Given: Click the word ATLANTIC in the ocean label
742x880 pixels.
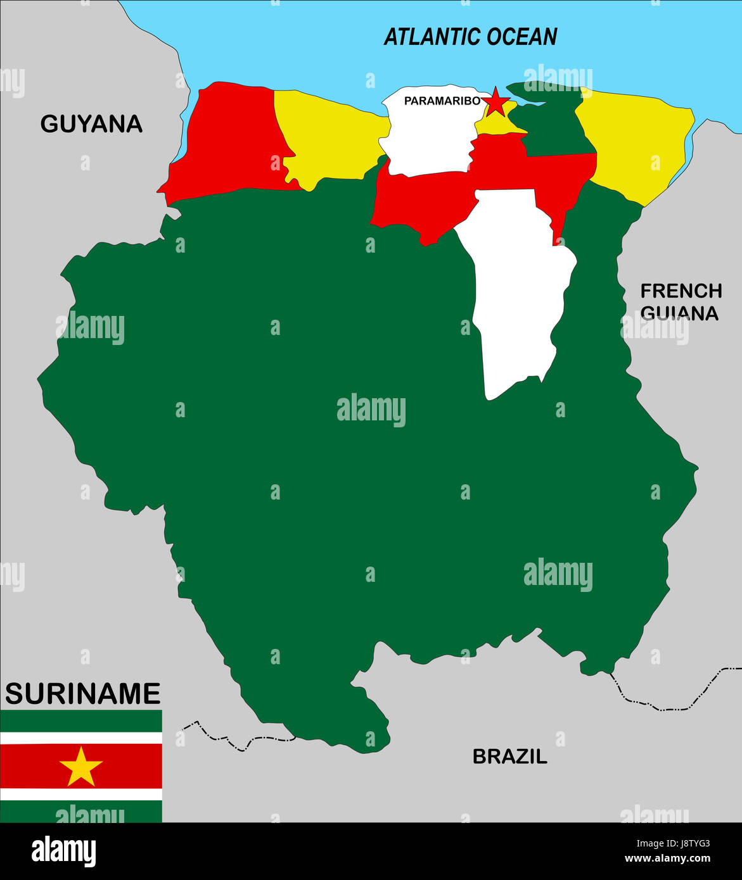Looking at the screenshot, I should click(424, 37).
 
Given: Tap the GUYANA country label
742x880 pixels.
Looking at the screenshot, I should click(91, 123).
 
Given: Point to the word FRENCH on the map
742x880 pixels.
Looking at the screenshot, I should click(681, 291).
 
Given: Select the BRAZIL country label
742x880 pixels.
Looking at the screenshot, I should click(509, 756).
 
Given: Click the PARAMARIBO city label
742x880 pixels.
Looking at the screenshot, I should click(442, 101).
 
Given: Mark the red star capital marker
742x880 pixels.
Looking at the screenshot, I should click(496, 102).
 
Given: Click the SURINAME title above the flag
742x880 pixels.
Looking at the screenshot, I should click(82, 694).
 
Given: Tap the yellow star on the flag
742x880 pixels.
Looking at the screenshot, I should click(81, 766).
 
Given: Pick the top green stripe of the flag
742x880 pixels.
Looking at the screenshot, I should click(81, 720).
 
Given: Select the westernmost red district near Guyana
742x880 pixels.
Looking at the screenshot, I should click(231, 139).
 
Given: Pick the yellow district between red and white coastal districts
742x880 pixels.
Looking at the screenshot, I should click(329, 136).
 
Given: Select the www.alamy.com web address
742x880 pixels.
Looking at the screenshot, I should click(667, 859).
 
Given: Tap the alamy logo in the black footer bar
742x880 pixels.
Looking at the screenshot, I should click(63, 851).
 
